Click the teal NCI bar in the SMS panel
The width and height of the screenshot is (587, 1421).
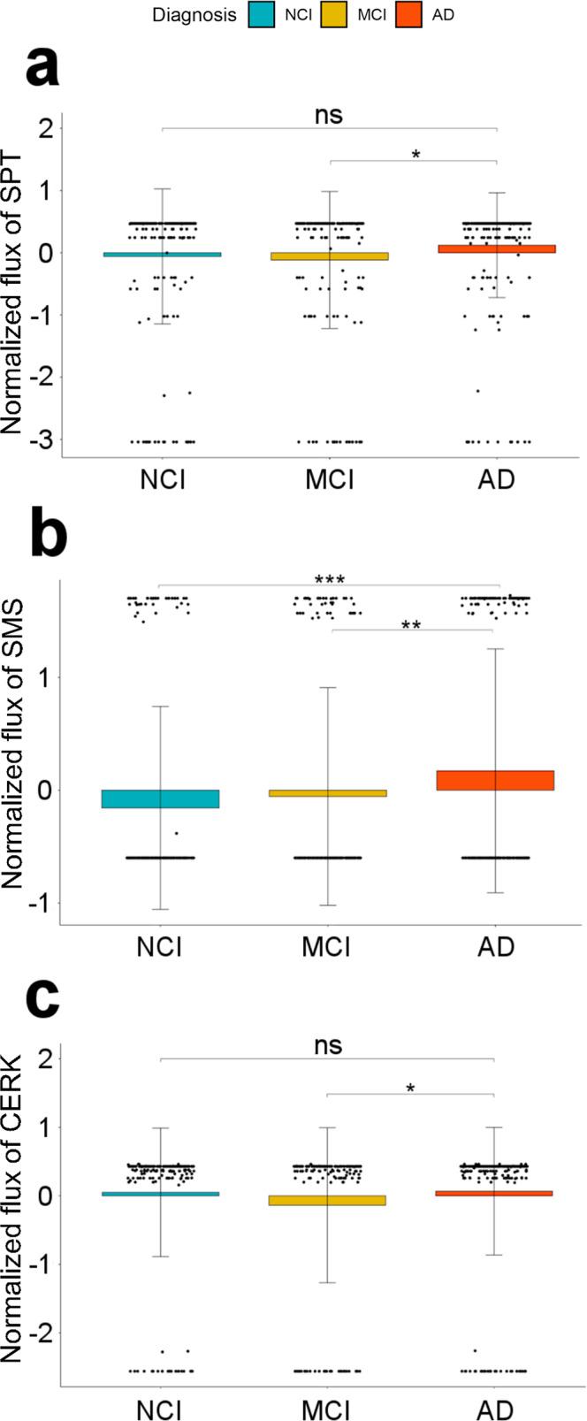pos(160,798)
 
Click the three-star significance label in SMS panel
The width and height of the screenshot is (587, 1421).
pos(329,580)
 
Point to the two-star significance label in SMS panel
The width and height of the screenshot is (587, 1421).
pos(410,625)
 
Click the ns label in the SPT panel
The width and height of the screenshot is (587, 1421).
pos(329,115)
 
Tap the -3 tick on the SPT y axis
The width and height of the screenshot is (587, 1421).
pos(42,440)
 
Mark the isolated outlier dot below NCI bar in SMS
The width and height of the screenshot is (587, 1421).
pos(176,833)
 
